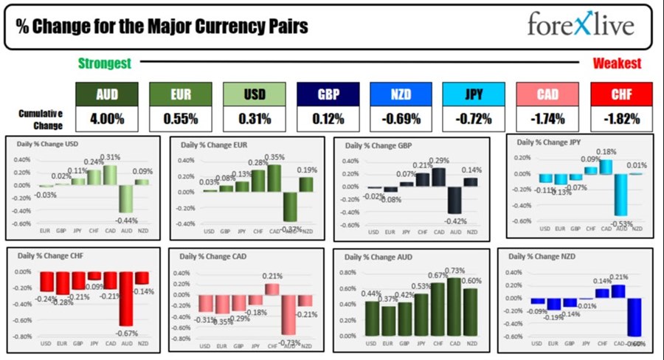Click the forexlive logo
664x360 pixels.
tap(581, 25)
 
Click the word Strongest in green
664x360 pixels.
tap(104, 63)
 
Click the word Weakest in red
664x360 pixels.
tap(617, 63)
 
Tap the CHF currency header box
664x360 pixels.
tap(621, 94)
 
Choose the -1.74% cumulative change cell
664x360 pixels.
tap(547, 118)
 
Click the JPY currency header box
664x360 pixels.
tap(474, 94)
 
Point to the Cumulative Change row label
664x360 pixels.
tap(41, 118)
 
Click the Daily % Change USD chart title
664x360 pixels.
tap(52, 144)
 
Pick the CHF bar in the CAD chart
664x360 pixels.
tap(272, 289)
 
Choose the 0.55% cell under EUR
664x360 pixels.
tap(181, 118)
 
